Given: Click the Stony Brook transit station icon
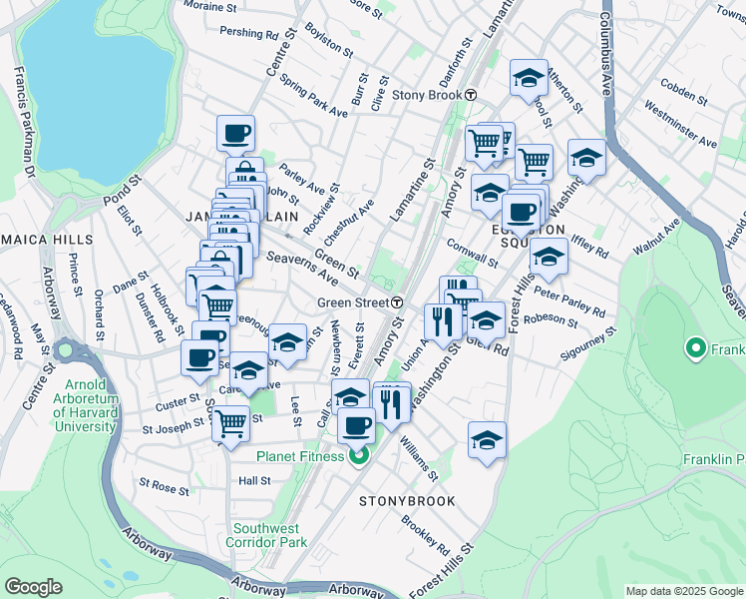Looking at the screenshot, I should (x=471, y=95).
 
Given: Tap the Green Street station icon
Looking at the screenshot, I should (x=397, y=302).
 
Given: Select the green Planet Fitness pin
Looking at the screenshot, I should (x=357, y=457).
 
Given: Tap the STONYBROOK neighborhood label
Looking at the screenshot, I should (x=407, y=501).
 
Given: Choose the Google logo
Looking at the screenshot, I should (x=33, y=587).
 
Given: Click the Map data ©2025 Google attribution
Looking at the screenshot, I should (x=684, y=591).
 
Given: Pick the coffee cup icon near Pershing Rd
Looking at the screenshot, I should (x=235, y=132).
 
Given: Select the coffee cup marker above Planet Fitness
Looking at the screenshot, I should (x=356, y=426).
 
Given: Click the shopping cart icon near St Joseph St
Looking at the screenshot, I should (x=230, y=422).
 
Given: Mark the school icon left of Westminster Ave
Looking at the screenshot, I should (x=586, y=157).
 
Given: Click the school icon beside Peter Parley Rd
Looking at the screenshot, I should (x=548, y=256).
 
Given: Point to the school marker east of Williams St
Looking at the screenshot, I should (x=487, y=438).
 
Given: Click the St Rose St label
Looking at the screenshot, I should (x=165, y=486).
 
